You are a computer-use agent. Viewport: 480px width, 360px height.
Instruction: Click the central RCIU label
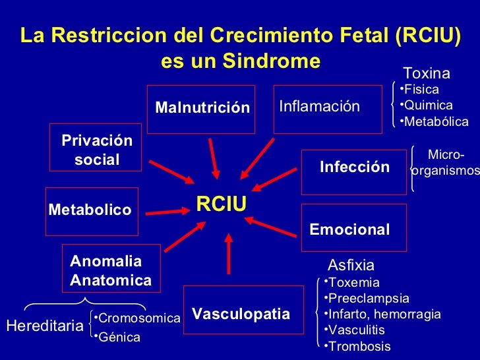pyautogui.click(x=222, y=204)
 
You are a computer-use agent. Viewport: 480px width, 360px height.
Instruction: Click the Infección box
pyautogui.click(x=354, y=167)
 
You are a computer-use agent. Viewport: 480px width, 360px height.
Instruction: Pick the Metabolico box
pyautogui.click(x=91, y=210)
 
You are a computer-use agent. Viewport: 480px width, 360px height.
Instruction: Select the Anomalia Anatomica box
pyautogui.click(x=111, y=270)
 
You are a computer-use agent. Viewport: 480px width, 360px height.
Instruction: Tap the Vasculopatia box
pyautogui.click(x=240, y=314)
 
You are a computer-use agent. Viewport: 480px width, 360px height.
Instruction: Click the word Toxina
pyautogui.click(x=426, y=73)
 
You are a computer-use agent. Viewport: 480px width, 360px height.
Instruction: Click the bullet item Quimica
pyautogui.click(x=428, y=105)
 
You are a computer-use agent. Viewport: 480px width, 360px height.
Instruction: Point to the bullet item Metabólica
pyautogui.click(x=436, y=122)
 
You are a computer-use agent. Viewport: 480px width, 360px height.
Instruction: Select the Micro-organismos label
pyautogui.click(x=446, y=163)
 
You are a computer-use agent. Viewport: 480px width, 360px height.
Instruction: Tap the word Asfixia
pyautogui.click(x=351, y=266)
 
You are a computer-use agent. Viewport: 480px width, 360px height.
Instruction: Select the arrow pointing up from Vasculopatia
pyautogui.click(x=228, y=255)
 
